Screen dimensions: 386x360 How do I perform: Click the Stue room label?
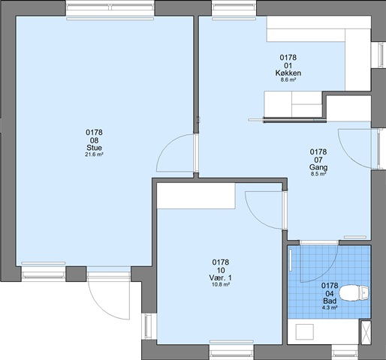pos(94,147)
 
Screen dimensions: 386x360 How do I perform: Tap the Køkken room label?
pos(288,73)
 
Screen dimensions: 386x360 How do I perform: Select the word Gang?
pos(318,167)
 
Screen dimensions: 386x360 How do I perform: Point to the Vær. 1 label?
pos(220,277)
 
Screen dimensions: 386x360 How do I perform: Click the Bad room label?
pos(330,301)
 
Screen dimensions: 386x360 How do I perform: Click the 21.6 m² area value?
pos(94,154)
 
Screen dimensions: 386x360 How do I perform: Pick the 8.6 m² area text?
pos(288,80)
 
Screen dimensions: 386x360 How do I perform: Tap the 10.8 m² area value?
pos(220,284)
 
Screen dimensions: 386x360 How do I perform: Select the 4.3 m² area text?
pos(330,307)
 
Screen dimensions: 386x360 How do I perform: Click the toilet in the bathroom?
pos(354,292)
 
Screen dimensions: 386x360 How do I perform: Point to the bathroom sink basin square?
pos(305,331)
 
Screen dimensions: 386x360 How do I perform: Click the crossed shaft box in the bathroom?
pos(366,332)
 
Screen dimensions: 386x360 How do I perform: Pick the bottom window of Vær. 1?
pos(231,352)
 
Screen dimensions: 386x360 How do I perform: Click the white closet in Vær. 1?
pos(196,196)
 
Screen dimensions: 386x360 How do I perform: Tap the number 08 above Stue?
pos(94,139)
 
